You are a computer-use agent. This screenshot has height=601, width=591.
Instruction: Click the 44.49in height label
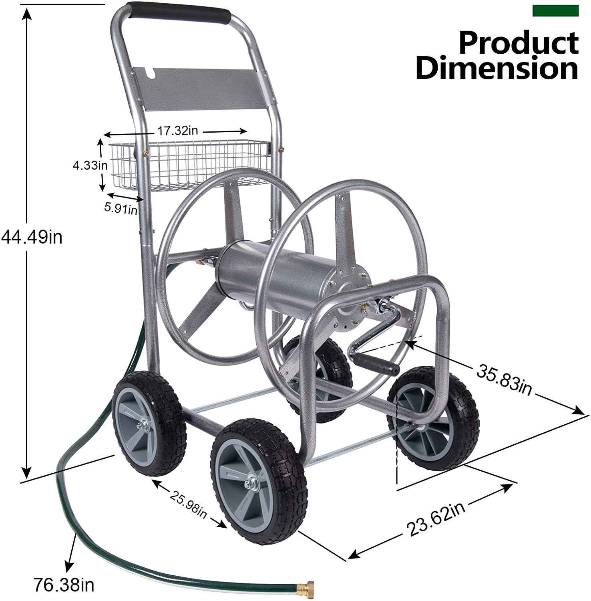(32, 237)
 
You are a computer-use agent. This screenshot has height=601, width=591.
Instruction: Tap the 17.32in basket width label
(177, 131)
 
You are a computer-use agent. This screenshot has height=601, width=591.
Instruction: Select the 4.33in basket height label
(90, 165)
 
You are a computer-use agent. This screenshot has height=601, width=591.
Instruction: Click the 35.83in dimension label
(504, 381)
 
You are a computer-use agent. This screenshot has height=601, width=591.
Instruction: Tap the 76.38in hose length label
(64, 585)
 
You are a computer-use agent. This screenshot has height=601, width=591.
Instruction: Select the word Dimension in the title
(497, 69)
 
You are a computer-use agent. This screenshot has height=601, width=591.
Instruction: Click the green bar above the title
(555, 11)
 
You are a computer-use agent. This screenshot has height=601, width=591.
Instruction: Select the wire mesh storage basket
(188, 164)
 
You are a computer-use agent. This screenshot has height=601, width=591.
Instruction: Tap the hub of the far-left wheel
(143, 425)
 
